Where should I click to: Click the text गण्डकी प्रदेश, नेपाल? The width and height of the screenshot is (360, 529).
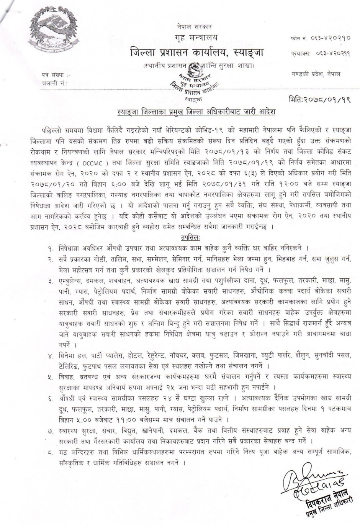pos(315,74)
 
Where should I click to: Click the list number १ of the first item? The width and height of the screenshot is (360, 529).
pos(50,248)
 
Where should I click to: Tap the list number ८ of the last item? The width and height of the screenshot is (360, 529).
pos(50,453)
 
